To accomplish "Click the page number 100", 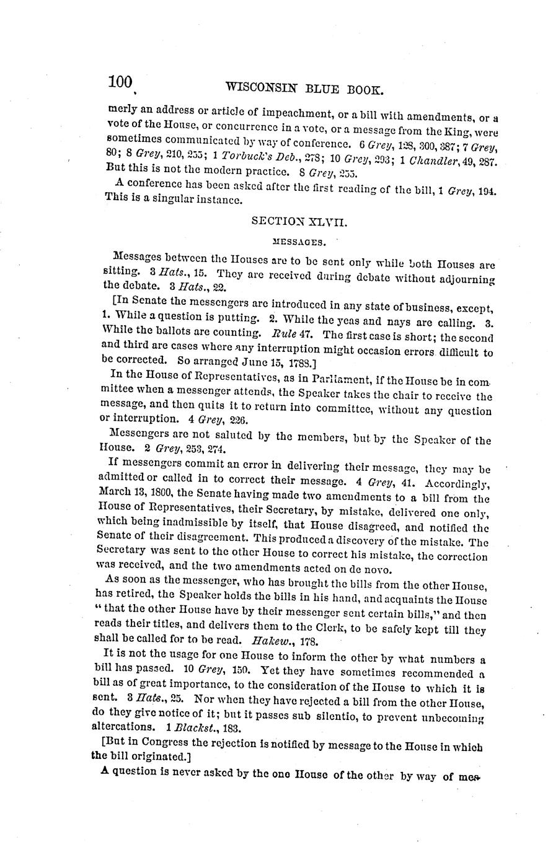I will pyautogui.click(x=120, y=82).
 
